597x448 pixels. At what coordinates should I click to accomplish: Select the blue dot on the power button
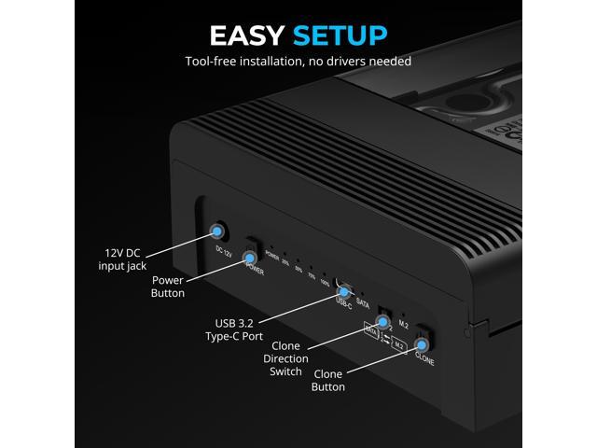point(251,255)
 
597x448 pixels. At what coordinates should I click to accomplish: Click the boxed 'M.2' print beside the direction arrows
point(398,344)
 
